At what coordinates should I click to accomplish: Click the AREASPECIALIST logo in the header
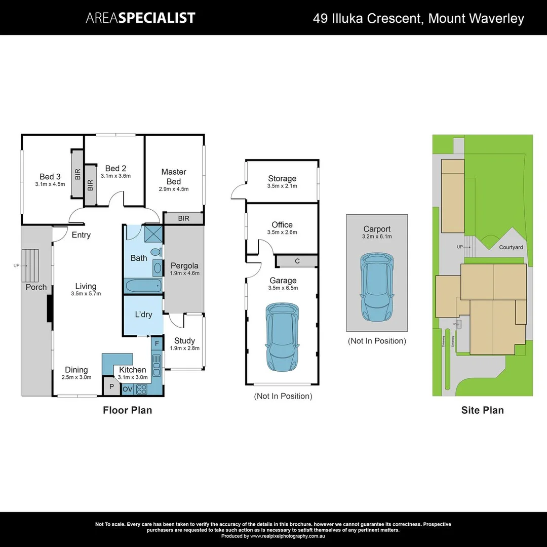point(140,18)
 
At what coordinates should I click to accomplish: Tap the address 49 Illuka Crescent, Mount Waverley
point(418,19)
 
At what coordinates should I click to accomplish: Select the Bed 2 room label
point(115,168)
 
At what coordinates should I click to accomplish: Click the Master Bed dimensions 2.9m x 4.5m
point(174,189)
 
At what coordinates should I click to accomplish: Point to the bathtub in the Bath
point(144,285)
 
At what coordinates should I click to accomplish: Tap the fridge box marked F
point(157,343)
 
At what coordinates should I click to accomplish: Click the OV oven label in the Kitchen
point(128,389)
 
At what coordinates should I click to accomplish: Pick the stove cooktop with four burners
point(141,389)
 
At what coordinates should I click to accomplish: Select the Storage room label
point(282,178)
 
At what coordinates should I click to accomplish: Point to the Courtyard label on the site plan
point(511,247)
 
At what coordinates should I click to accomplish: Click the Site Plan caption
point(482,410)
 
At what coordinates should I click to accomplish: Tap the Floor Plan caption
point(127,410)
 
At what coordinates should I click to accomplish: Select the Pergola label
point(184,265)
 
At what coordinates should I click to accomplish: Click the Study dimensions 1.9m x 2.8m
point(184,348)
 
